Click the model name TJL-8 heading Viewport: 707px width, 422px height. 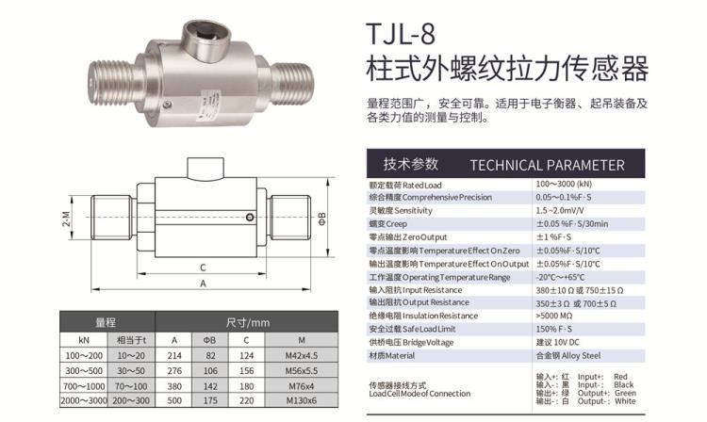401,34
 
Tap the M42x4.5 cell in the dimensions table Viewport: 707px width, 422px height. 302,355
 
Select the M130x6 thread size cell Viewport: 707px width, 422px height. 302,400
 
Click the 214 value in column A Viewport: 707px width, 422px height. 174,355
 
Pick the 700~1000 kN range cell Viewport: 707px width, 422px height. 84,386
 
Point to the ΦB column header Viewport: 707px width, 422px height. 209,340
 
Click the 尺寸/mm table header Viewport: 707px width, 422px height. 247,322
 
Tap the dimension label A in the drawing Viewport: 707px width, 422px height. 203,284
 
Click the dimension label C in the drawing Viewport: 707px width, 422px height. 203,268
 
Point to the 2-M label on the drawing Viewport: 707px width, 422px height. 66,219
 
